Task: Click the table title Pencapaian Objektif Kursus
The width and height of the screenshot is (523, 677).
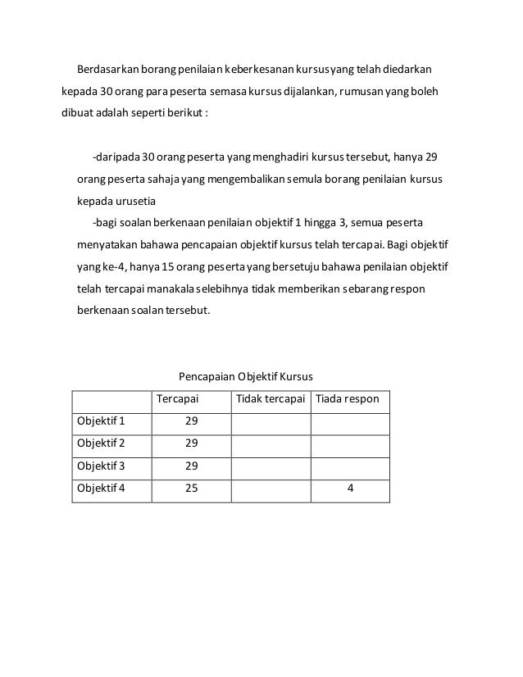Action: point(246,378)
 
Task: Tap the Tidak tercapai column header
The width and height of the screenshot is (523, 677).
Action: point(271,400)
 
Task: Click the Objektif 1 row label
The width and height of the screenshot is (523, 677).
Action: point(101,421)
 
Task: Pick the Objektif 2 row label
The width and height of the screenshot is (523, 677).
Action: point(101,443)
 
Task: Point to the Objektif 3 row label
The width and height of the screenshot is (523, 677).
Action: point(101,466)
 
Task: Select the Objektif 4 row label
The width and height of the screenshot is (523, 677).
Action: point(101,488)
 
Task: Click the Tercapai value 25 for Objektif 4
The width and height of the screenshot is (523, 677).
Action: point(191,488)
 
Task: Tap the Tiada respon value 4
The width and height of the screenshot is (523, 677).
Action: point(350,488)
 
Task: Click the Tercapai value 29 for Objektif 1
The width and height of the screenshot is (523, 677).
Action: point(191,421)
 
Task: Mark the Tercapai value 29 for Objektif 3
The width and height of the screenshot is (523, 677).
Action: point(191,466)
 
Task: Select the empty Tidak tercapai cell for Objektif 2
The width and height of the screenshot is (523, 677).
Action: point(271,443)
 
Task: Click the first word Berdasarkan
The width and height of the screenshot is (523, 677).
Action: point(108,67)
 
